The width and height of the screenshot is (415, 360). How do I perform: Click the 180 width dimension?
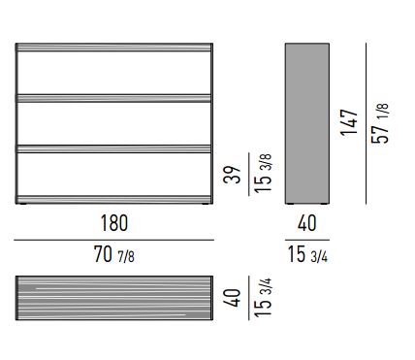coord(114,223)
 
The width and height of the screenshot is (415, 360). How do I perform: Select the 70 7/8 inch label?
coord(114,254)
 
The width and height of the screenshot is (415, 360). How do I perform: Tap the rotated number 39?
coord(233,175)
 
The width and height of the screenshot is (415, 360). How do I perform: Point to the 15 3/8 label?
coord(263,174)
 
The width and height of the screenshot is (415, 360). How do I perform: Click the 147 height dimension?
coord(349,122)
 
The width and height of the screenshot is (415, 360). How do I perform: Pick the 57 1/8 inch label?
coord(380,123)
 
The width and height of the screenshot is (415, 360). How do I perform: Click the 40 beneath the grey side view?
coord(306,223)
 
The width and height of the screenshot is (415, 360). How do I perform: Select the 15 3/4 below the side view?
coord(307,254)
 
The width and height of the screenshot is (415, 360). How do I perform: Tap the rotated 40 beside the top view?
coord(233,298)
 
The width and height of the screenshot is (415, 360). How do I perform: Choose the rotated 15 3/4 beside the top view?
coord(263,297)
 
